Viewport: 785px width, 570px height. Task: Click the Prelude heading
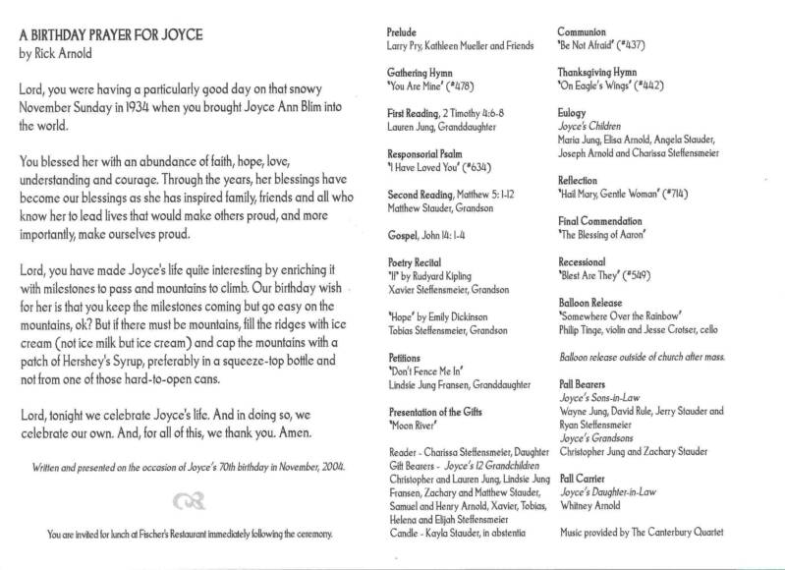click(403, 30)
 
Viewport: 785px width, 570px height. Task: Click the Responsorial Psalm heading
click(426, 154)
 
